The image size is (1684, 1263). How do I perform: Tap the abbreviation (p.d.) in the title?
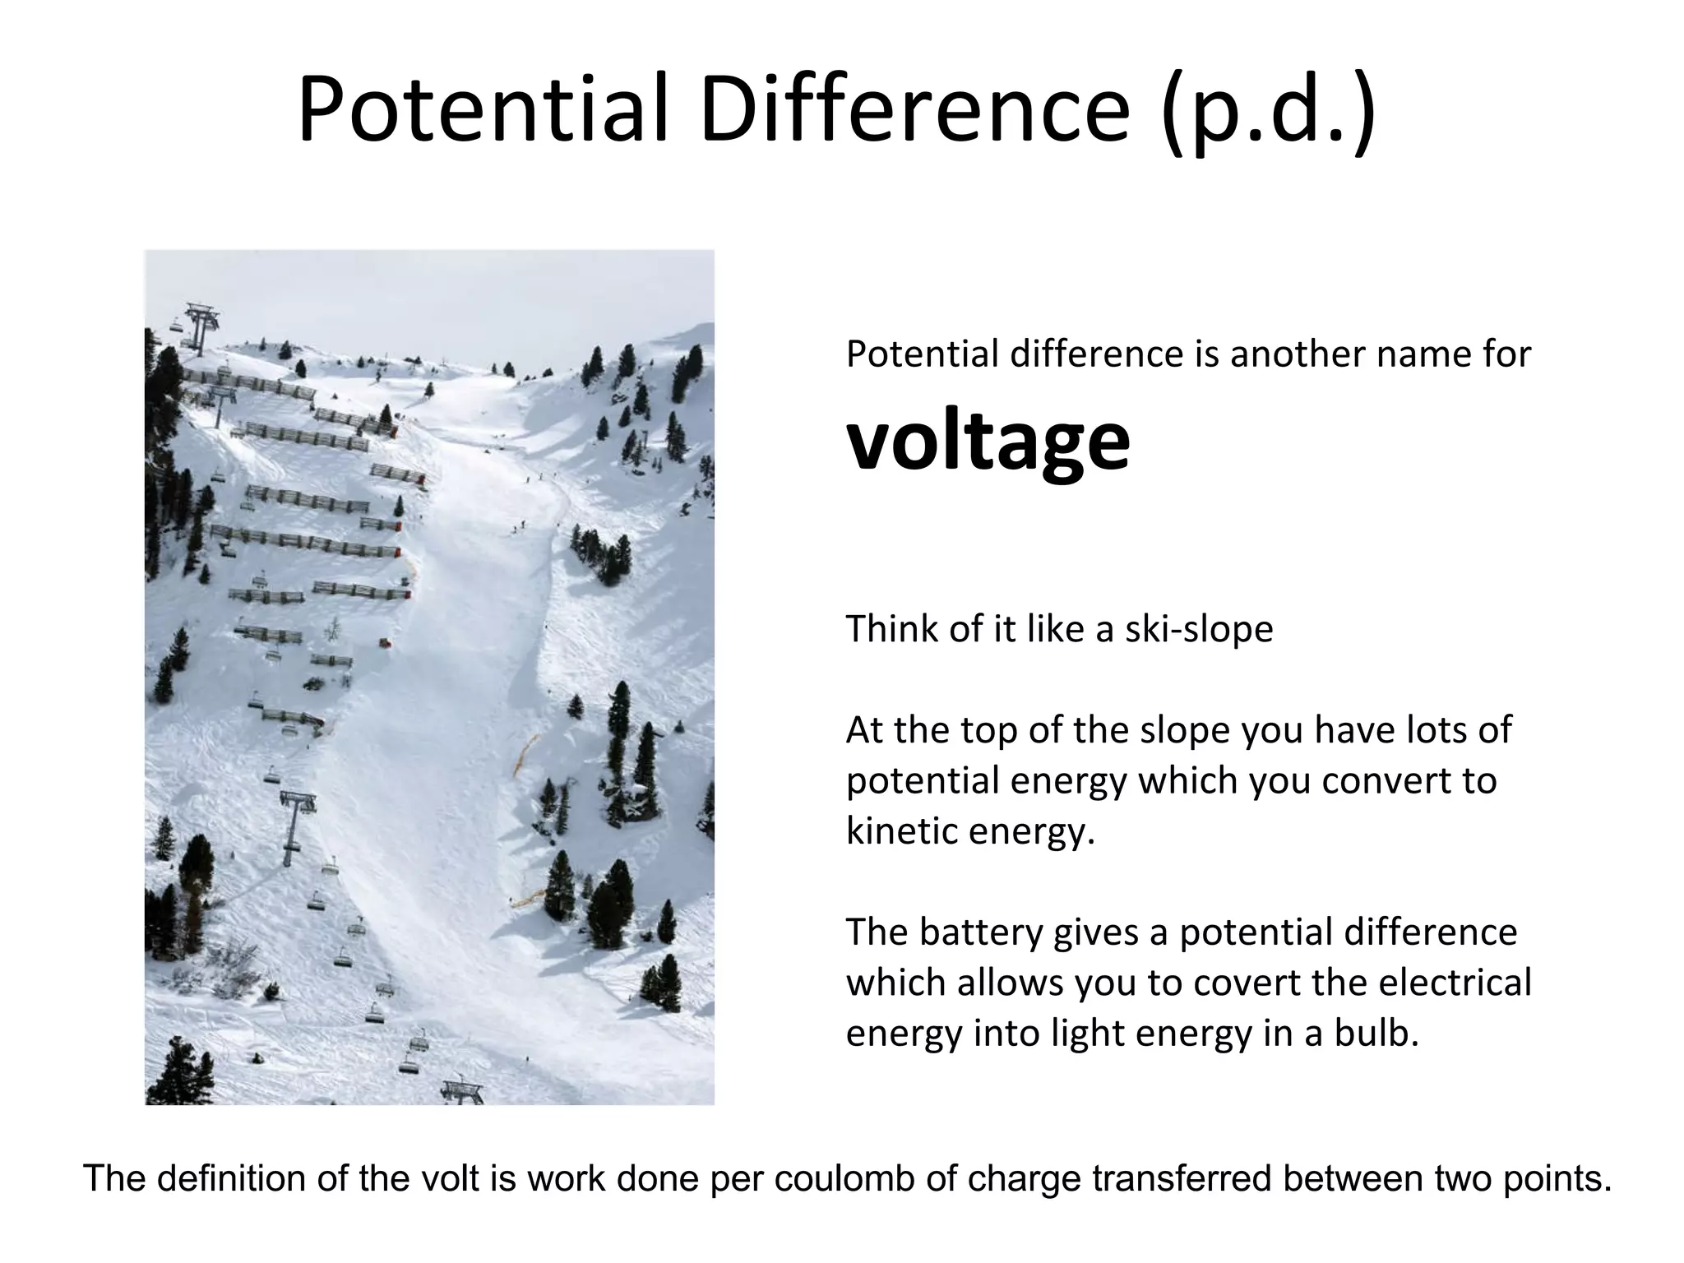pyautogui.click(x=1268, y=113)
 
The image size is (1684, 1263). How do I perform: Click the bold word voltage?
pyautogui.click(x=988, y=442)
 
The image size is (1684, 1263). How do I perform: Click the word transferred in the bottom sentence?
pyautogui.click(x=1181, y=1178)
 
